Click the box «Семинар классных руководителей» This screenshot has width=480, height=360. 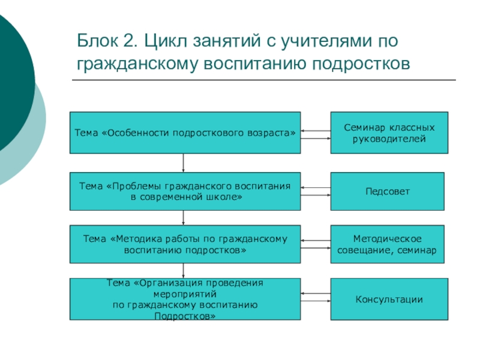point(389,133)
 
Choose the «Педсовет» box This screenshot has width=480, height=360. point(388,191)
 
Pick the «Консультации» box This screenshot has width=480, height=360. point(389,299)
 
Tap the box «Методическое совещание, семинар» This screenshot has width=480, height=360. point(388,244)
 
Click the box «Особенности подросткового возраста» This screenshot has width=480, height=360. point(185,133)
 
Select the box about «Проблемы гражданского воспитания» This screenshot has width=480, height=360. point(185,191)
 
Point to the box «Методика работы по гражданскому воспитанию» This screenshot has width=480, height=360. point(185,244)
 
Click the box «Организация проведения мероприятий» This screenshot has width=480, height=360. point(185,299)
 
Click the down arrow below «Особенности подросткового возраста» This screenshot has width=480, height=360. point(183,163)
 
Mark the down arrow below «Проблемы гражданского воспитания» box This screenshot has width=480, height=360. point(183,217)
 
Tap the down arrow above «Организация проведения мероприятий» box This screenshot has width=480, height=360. point(183,271)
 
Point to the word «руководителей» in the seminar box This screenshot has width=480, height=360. point(389,139)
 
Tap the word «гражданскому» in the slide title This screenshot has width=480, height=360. point(140,62)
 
